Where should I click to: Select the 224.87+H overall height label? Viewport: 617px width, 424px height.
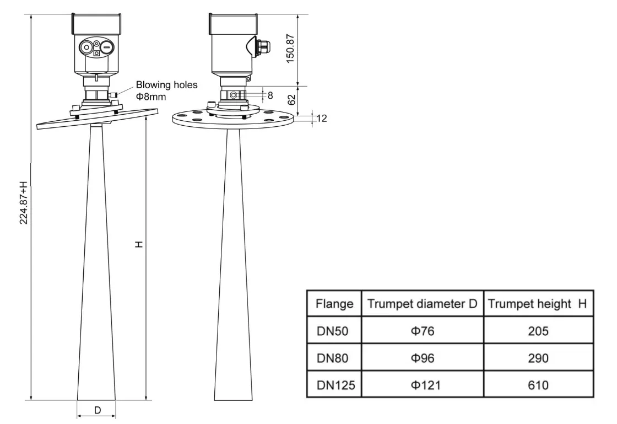(24, 202)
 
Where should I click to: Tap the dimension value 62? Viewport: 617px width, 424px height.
(292, 99)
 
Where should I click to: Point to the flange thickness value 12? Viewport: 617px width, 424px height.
(321, 118)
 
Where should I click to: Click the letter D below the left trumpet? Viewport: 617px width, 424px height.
(97, 410)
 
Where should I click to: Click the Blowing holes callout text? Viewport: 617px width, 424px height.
(166, 85)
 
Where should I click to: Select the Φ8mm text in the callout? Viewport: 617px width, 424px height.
(151, 96)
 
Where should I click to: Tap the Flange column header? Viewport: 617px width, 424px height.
(334, 303)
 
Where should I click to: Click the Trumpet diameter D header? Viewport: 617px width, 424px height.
(423, 303)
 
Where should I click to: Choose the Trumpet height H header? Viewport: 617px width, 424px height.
(537, 303)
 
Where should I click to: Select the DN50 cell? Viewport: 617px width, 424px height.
(332, 331)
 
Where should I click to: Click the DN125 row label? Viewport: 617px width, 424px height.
(335, 385)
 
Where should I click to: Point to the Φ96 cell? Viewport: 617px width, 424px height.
(423, 358)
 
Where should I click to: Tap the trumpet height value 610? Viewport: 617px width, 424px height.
(537, 385)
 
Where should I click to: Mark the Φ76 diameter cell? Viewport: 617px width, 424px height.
(423, 331)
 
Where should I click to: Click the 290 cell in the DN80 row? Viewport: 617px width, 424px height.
(537, 358)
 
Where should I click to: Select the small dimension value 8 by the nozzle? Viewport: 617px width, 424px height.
(270, 95)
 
